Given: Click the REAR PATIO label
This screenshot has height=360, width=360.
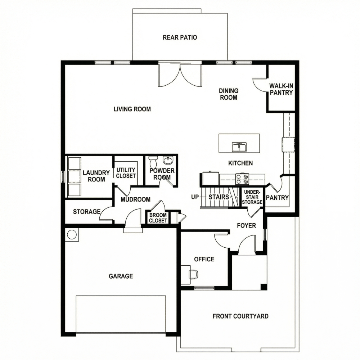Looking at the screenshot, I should [180, 37].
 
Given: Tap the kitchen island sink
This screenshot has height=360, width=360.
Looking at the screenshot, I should [239, 147].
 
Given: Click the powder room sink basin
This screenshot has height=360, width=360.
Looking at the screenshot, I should [168, 160].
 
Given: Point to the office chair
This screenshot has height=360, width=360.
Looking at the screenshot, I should [193, 274].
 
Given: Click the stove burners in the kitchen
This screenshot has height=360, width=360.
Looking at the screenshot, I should [242, 179].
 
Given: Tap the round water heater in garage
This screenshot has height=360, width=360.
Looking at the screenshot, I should [72, 235].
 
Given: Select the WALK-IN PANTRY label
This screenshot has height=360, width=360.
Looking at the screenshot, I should [281, 89].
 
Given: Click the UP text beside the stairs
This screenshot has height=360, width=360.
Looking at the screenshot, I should [195, 197].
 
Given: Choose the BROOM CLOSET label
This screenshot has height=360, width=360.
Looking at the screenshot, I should [158, 218].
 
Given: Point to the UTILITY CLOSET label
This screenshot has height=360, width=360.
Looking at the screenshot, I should [126, 173].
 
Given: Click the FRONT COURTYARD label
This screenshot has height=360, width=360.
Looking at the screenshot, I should [240, 316].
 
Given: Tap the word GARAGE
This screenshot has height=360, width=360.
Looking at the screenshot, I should [121, 276].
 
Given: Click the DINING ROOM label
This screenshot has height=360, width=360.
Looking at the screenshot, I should [229, 94].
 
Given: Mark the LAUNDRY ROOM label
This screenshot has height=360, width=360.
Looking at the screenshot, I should [96, 176].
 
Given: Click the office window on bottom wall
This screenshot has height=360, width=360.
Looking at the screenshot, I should [204, 288].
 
